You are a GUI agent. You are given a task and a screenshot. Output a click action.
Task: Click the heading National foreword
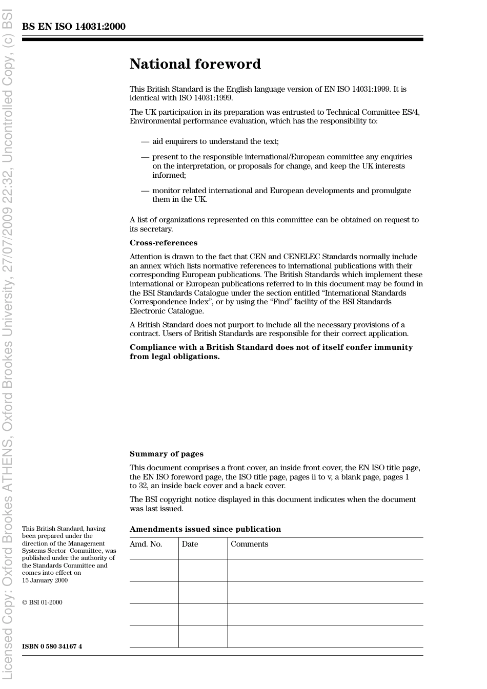point(195,64)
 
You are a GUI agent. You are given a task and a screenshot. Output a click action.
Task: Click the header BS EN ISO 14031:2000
point(73,27)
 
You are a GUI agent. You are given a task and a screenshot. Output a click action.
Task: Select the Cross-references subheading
point(163,243)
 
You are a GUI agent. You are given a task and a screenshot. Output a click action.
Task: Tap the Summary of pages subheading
point(166,454)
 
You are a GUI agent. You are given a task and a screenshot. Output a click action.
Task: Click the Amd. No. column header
point(146,544)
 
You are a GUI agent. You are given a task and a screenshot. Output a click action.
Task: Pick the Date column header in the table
point(190,544)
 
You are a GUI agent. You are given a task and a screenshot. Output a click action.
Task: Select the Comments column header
point(249,544)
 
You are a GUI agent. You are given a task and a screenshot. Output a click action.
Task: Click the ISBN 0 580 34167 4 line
point(52,646)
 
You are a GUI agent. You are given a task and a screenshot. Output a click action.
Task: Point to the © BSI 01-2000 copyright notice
point(42,602)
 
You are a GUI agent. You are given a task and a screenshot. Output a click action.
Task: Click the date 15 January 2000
point(45,580)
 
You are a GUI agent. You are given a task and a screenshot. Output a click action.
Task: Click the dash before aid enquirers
point(145,141)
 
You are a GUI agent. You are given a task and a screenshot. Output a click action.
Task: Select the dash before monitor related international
point(145,191)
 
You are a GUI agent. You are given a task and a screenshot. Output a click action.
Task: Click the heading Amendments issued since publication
point(205,529)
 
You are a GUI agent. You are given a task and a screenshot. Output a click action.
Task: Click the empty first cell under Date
point(203,570)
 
